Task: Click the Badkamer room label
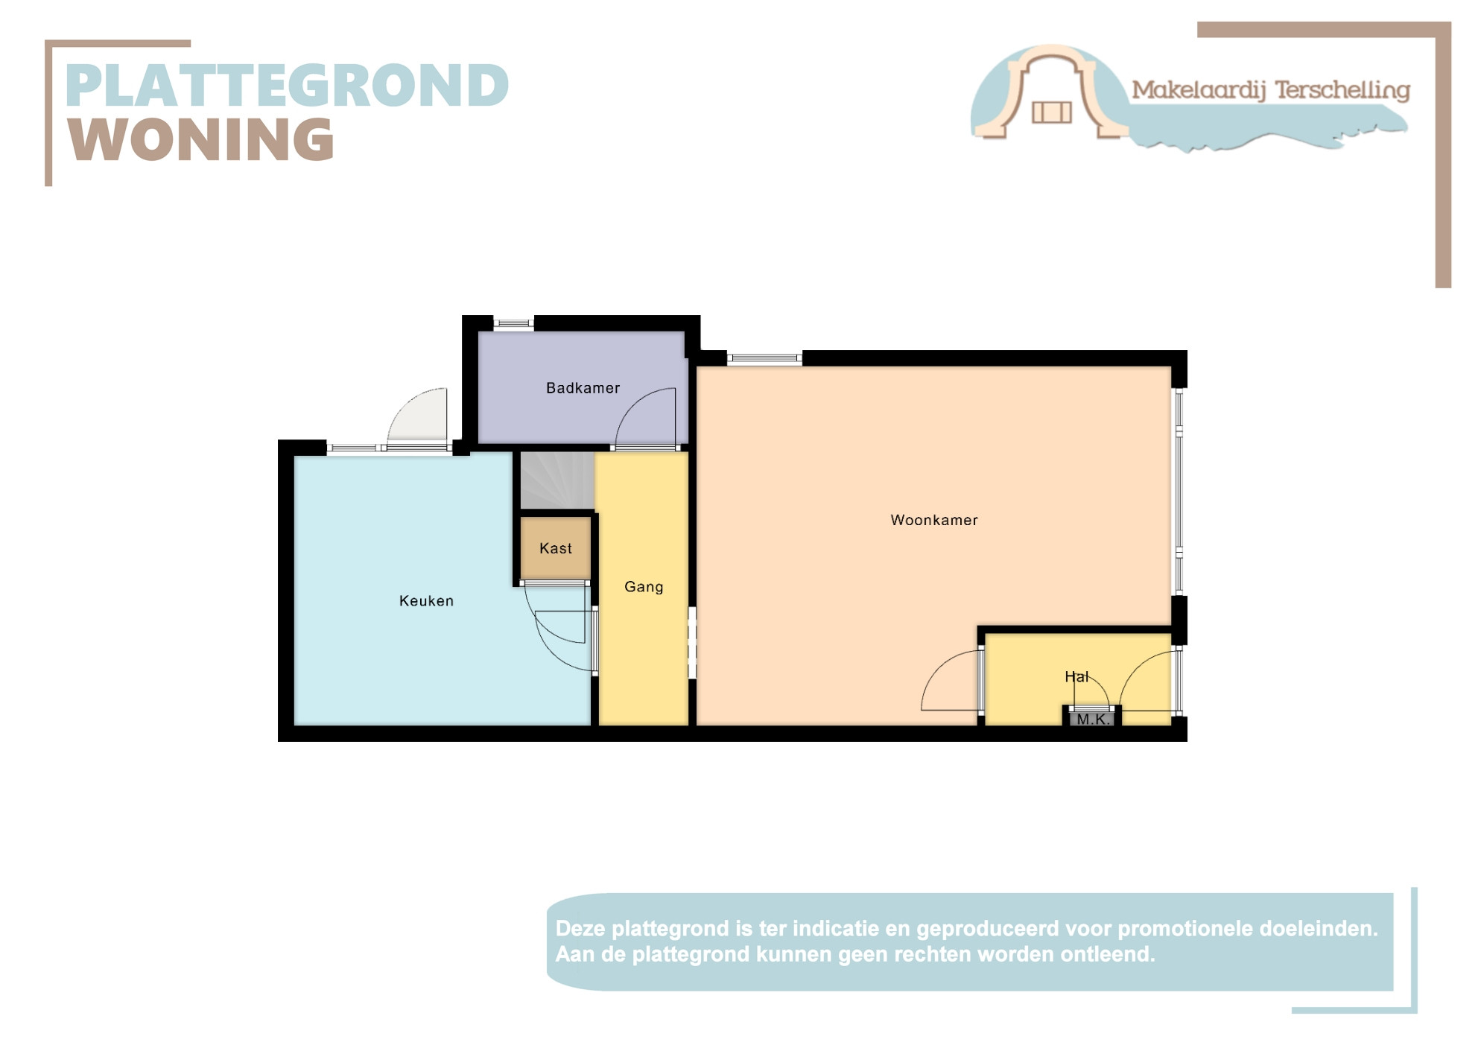pos(583,388)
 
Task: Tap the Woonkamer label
pos(934,520)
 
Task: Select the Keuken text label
pos(426,600)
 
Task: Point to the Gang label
pos(644,587)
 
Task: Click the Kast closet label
pos(556,548)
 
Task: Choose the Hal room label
pos(1076,676)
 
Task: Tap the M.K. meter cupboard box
pos(1093,719)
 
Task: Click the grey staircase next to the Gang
pos(556,480)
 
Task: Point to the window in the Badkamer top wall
pos(514,323)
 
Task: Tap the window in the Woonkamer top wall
pos(764,358)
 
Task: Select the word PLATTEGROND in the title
pos(288,85)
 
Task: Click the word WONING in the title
pos(201,139)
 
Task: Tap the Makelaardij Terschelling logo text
pos(1271,90)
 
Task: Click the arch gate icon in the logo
pos(1051,92)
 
